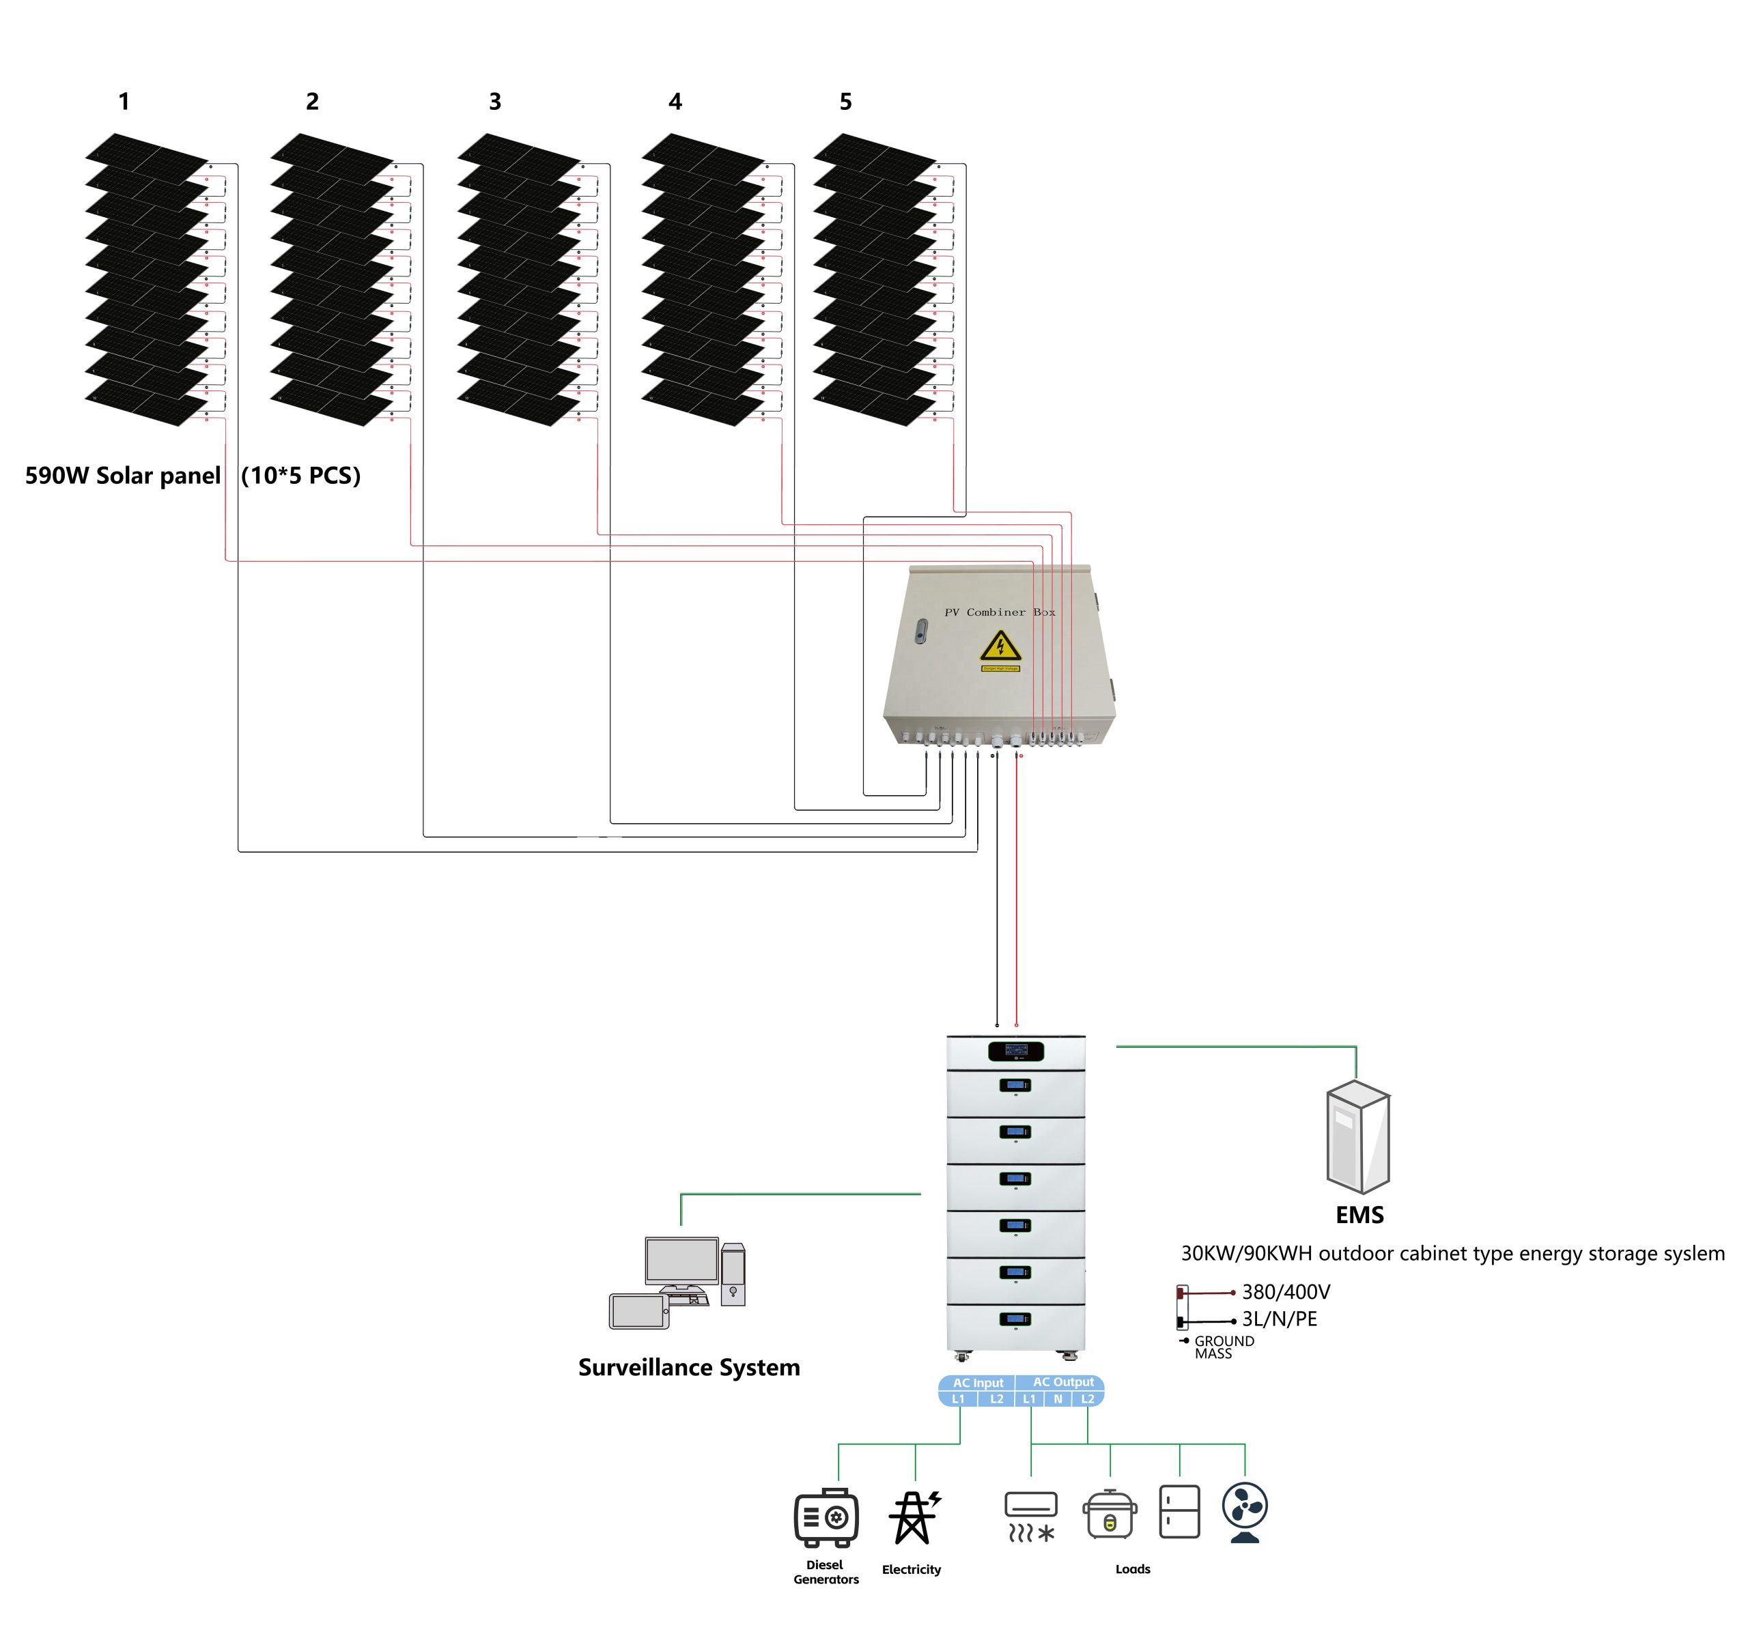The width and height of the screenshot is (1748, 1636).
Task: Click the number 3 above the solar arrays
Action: [x=495, y=102]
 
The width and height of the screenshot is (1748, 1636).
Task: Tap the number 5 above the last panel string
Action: [x=845, y=102]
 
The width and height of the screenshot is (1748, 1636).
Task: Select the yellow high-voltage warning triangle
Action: [x=1000, y=646]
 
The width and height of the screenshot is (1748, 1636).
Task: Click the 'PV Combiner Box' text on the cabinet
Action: [x=999, y=612]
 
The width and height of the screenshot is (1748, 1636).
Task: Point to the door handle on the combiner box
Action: [x=920, y=631]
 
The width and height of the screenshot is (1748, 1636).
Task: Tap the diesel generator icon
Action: [x=826, y=1517]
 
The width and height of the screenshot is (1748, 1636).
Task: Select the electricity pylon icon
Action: [x=914, y=1517]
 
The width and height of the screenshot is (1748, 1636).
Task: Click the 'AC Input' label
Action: [x=978, y=1383]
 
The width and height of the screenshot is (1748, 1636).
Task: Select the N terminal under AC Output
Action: [x=1058, y=1398]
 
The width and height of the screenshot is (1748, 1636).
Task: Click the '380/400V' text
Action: [x=1286, y=1291]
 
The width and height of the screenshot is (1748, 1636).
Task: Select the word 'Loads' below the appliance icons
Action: [x=1133, y=1568]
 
